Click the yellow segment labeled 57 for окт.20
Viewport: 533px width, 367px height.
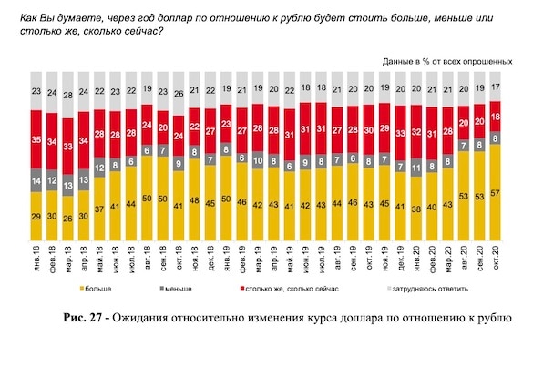pyautogui.click(x=496, y=193)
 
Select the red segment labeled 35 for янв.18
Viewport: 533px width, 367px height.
pyautogui.click(x=36, y=139)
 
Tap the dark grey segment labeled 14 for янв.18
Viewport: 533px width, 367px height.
pyautogui.click(x=36, y=180)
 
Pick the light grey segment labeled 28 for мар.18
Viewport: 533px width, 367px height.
pyautogui.click(x=68, y=95)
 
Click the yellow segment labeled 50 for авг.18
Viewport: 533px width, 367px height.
pyautogui.click(x=147, y=199)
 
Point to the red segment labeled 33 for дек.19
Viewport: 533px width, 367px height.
pyautogui.click(x=400, y=133)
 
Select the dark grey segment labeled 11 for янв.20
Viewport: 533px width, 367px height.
pyautogui.click(x=416, y=168)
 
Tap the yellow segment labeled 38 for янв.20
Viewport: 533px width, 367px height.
pyautogui.click(x=416, y=209)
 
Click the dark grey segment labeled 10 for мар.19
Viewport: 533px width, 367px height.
pyautogui.click(x=258, y=160)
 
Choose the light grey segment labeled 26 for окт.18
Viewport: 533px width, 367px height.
pyautogui.click(x=179, y=94)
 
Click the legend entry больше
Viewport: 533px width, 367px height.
pyautogui.click(x=96, y=289)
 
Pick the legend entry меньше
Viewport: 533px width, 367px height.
pyautogui.click(x=176, y=289)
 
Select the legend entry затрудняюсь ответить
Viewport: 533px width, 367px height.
pyautogui.click(x=428, y=289)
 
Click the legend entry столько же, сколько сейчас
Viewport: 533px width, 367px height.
pyautogui.click(x=289, y=289)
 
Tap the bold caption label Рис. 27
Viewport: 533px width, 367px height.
pyautogui.click(x=82, y=318)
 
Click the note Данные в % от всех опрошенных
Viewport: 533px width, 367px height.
pyautogui.click(x=447, y=62)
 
